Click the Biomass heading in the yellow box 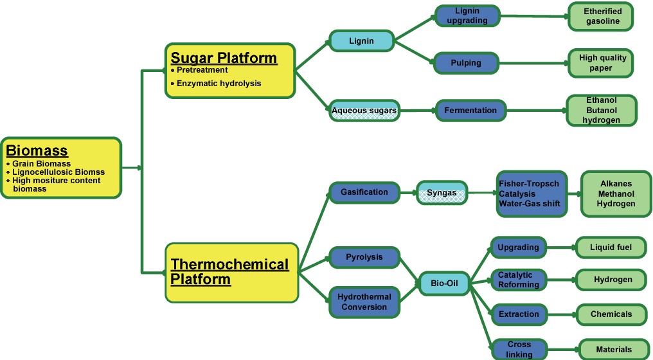pyautogui.click(x=37, y=151)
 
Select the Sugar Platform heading pyautogui.click(x=223, y=58)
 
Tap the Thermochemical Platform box pyautogui.click(x=231, y=272)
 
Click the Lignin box pyautogui.click(x=361, y=41)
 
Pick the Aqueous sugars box pyautogui.click(x=364, y=111)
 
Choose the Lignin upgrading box pyautogui.click(x=467, y=16)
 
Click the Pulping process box pyautogui.click(x=466, y=63)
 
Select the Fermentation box pyautogui.click(x=470, y=111)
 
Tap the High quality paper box pyautogui.click(x=602, y=63)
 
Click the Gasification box pyautogui.click(x=364, y=192)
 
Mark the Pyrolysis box pyautogui.click(x=364, y=257)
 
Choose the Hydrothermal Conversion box pyautogui.click(x=364, y=302)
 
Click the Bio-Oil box pyautogui.click(x=444, y=283)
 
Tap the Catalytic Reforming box pyautogui.click(x=519, y=280)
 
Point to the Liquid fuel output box pyautogui.click(x=610, y=248)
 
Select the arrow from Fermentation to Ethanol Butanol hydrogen pyautogui.click(x=535, y=111)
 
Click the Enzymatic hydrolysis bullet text pyautogui.click(x=219, y=84)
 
